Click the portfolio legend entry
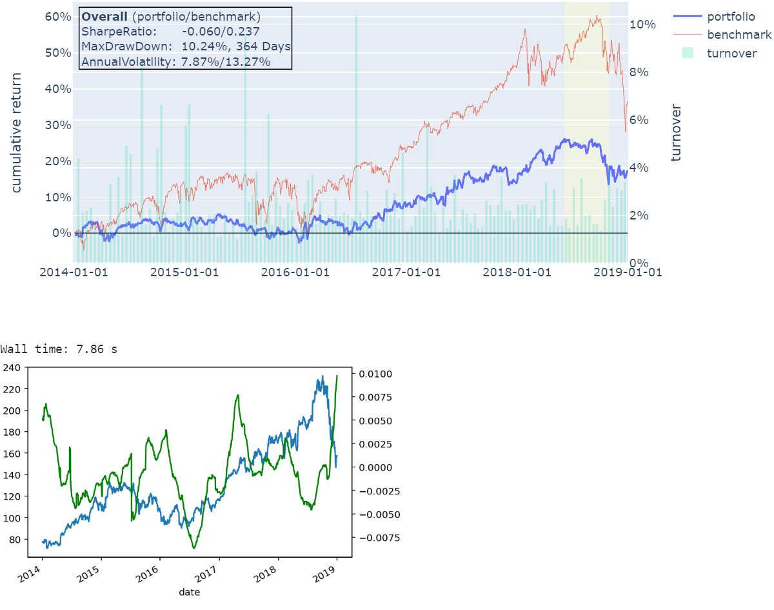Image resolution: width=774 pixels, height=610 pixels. tap(731, 16)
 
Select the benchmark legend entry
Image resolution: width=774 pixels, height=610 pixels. tap(739, 34)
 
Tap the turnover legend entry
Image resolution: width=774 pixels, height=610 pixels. tap(731, 53)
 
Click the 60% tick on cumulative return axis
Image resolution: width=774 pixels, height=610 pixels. tap(57, 17)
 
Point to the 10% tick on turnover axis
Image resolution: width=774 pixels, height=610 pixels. tap(642, 25)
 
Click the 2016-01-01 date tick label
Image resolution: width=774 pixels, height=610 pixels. tap(295, 272)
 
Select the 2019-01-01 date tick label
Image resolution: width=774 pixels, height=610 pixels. tap(627, 272)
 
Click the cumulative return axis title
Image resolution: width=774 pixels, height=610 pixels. tap(17, 132)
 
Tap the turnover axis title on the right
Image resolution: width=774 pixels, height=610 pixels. tap(676, 132)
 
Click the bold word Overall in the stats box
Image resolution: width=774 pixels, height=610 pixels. tap(104, 16)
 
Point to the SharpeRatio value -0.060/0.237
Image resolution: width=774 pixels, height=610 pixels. tap(221, 31)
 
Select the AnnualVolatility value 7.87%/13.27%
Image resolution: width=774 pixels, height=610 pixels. tap(226, 62)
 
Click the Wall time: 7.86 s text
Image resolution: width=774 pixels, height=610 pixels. tap(59, 349)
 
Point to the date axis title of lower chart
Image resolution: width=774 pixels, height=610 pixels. tap(189, 591)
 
